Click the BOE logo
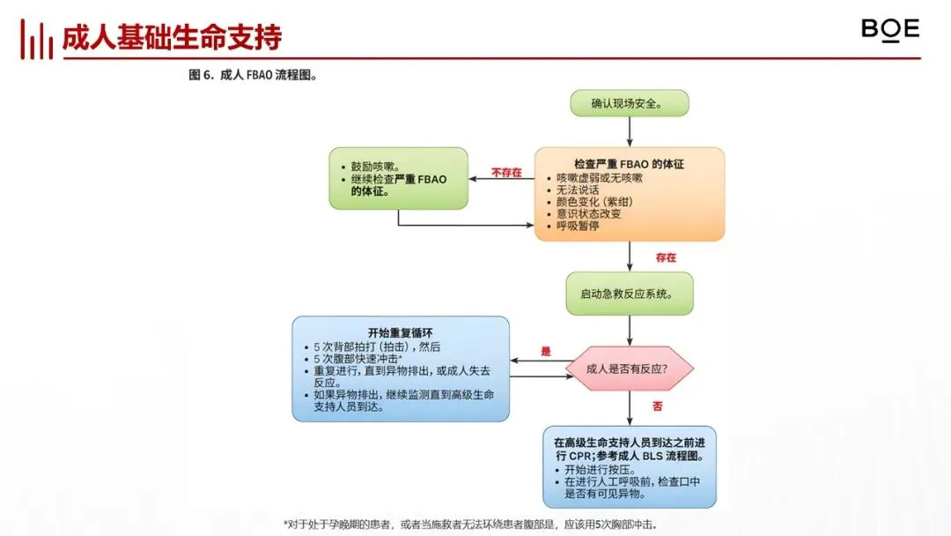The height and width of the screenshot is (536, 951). click(x=889, y=30)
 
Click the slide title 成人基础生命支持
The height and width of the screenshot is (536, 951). click(x=172, y=38)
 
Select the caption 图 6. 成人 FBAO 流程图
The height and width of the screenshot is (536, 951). click(x=253, y=76)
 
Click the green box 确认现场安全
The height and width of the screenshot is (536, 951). click(x=629, y=103)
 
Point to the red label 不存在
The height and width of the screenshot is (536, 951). click(x=506, y=173)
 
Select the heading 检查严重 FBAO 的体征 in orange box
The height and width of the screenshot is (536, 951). click(x=629, y=164)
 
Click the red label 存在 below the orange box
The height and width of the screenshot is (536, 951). click(x=666, y=257)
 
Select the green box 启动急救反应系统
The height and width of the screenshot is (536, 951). click(x=628, y=294)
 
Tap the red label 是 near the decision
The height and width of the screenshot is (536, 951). click(x=545, y=352)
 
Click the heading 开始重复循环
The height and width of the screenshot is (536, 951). click(x=401, y=333)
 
